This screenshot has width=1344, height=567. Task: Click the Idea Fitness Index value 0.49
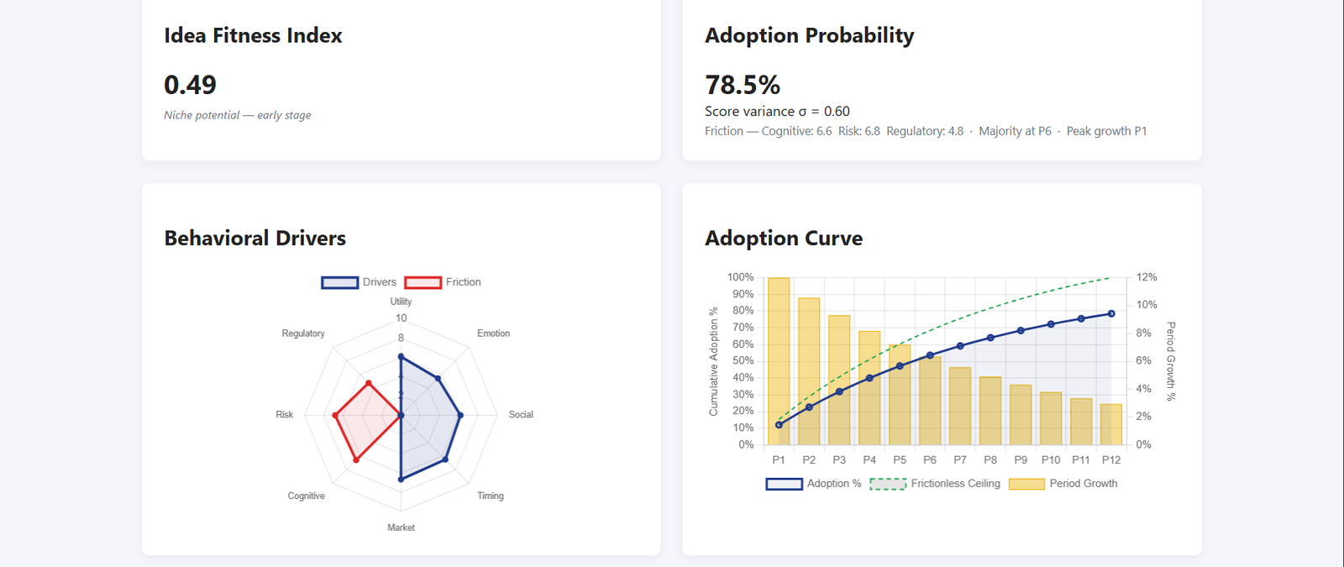[x=190, y=85]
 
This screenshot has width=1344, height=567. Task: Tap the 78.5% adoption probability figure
[x=743, y=85]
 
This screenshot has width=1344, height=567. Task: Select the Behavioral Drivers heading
[x=255, y=239]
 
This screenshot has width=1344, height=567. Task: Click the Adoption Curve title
[x=783, y=239]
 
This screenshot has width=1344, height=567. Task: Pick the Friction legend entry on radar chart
[x=444, y=282]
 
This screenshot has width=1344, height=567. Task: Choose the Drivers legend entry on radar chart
[x=360, y=282]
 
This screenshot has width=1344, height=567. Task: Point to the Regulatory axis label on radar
[x=303, y=333]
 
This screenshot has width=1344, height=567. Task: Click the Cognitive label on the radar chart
[x=306, y=496]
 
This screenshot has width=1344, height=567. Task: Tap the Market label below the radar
[x=401, y=528]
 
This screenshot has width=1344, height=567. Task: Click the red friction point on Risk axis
[x=335, y=415]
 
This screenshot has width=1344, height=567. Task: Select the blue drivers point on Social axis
[x=460, y=415]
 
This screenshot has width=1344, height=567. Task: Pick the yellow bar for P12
[x=1111, y=424]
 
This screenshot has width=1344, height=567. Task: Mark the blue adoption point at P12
[x=1111, y=314]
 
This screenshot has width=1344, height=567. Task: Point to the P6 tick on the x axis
[x=930, y=459]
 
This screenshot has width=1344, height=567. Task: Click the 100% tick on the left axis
[x=740, y=277]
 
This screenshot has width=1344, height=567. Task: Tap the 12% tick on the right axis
[x=1147, y=277]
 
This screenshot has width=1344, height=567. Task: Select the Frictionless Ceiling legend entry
[x=936, y=484]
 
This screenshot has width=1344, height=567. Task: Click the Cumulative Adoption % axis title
[x=714, y=361]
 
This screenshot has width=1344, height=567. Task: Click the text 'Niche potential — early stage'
[x=237, y=115]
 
